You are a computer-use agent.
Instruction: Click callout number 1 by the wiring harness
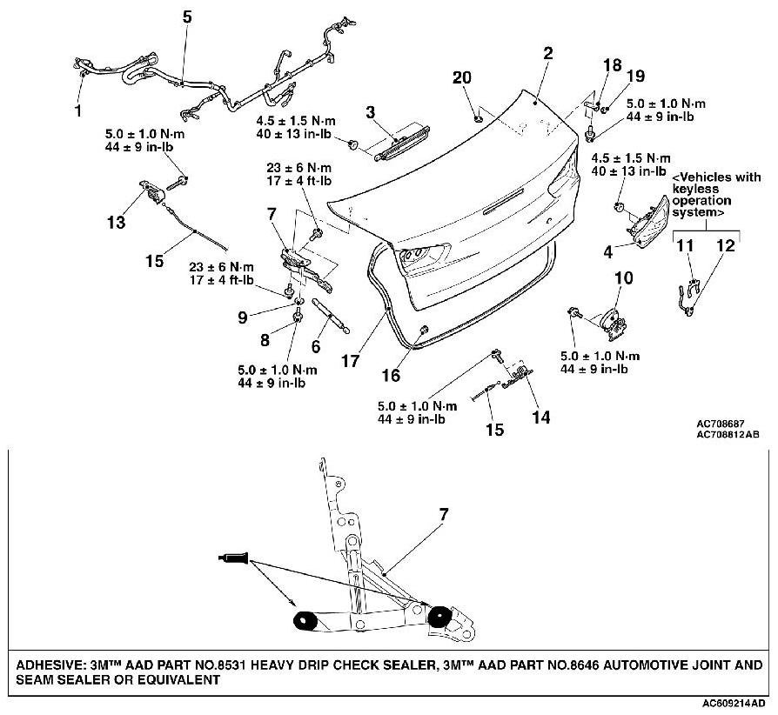tap(79, 111)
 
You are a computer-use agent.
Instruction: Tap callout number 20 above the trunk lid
tap(463, 77)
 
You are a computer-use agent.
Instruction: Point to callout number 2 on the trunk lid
tap(547, 53)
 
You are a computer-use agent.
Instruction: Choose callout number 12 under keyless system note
tap(726, 247)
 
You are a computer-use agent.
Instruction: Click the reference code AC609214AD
tap(736, 701)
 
